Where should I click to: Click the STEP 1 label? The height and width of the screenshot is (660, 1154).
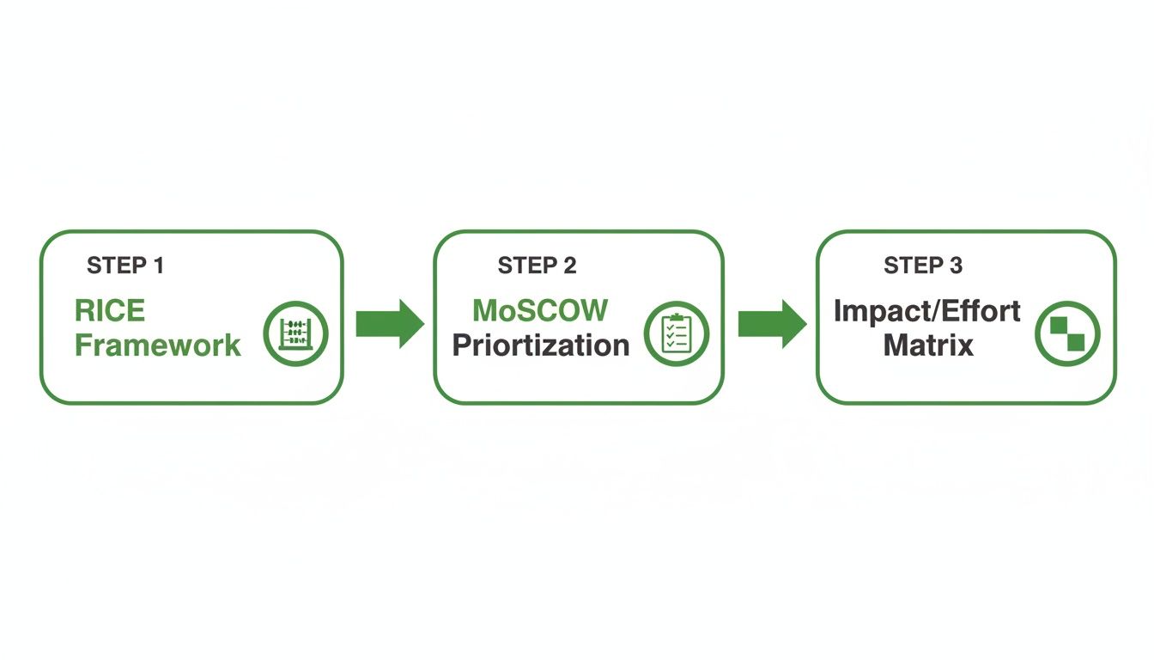tap(125, 266)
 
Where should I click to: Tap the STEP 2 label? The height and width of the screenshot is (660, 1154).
tap(537, 266)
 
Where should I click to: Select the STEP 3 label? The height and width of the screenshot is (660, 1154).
tap(923, 266)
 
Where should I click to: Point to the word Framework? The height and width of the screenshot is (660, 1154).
tap(158, 345)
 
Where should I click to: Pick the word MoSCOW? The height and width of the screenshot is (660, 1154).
tap(540, 309)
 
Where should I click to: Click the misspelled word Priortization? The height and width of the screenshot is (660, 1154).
tap(540, 345)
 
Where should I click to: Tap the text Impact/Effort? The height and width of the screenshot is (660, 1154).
tap(927, 310)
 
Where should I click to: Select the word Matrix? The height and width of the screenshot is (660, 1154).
tap(928, 345)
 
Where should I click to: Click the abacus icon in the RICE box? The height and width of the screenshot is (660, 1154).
tap(296, 333)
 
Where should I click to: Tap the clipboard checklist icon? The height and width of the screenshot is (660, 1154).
tap(677, 333)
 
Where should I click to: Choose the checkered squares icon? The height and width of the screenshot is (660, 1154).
tap(1066, 333)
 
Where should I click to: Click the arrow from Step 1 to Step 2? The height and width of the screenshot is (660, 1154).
tap(389, 324)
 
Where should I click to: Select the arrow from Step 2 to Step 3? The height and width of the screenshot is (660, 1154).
tap(771, 324)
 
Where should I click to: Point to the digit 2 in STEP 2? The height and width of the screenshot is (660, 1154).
tap(570, 266)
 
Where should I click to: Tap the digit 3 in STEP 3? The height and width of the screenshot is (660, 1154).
tap(957, 266)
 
